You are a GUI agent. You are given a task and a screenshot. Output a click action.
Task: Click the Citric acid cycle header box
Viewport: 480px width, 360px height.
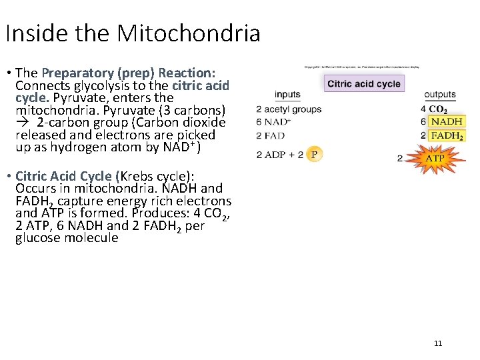click(364, 83)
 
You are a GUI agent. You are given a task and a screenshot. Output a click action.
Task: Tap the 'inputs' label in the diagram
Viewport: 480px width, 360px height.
click(287, 95)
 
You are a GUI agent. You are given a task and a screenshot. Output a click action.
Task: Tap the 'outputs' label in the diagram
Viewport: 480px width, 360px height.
click(440, 95)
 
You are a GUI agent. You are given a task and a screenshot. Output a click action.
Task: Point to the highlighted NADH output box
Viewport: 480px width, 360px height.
click(446, 122)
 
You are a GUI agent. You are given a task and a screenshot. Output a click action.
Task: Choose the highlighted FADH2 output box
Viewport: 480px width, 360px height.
click(446, 135)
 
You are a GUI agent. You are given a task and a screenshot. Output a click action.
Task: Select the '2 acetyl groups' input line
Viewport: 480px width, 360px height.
click(289, 109)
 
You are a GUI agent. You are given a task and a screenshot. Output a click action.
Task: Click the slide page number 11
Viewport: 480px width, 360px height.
click(438, 343)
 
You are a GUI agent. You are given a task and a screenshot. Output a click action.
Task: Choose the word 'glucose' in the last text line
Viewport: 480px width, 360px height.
click(38, 238)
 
